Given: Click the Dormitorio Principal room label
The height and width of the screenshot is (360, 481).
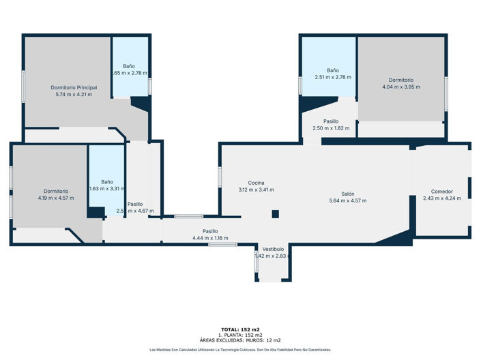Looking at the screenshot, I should pos(74,87).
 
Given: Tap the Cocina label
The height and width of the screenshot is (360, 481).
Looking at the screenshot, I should pos(256,182).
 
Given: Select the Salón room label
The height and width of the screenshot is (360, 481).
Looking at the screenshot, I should pos(348,194).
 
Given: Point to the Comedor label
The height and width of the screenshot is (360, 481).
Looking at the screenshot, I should pos(441,191).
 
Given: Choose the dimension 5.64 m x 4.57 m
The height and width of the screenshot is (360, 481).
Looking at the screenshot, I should pos(348,200).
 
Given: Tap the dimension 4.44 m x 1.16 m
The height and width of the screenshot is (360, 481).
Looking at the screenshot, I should pos(210,238).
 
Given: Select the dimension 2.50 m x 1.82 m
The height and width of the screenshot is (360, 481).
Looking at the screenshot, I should pos(331,128).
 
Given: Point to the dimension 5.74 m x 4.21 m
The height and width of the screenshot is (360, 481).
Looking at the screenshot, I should pos(74,94).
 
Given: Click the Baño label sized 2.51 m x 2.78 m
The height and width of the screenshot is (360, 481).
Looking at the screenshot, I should pos(332,70).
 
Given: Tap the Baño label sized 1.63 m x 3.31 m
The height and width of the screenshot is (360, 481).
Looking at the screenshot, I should pos(107,182).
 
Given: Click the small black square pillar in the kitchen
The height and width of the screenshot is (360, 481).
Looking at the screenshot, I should pos(275,214).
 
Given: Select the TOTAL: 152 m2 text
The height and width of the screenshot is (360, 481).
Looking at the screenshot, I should pos(240,329).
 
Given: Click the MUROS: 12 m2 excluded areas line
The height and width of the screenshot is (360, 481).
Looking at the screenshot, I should pos(240,340).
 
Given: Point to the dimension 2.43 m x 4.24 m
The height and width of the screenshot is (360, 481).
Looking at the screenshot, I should pos(441,198).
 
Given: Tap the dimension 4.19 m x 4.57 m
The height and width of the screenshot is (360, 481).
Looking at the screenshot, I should pos(56,198).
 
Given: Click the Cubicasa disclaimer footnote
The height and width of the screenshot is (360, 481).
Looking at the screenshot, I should pos(240,350).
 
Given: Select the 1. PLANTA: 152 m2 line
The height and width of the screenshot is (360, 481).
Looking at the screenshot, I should pos(240,335).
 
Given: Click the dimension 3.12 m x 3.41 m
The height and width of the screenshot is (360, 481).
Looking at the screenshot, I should pos(256,190).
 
